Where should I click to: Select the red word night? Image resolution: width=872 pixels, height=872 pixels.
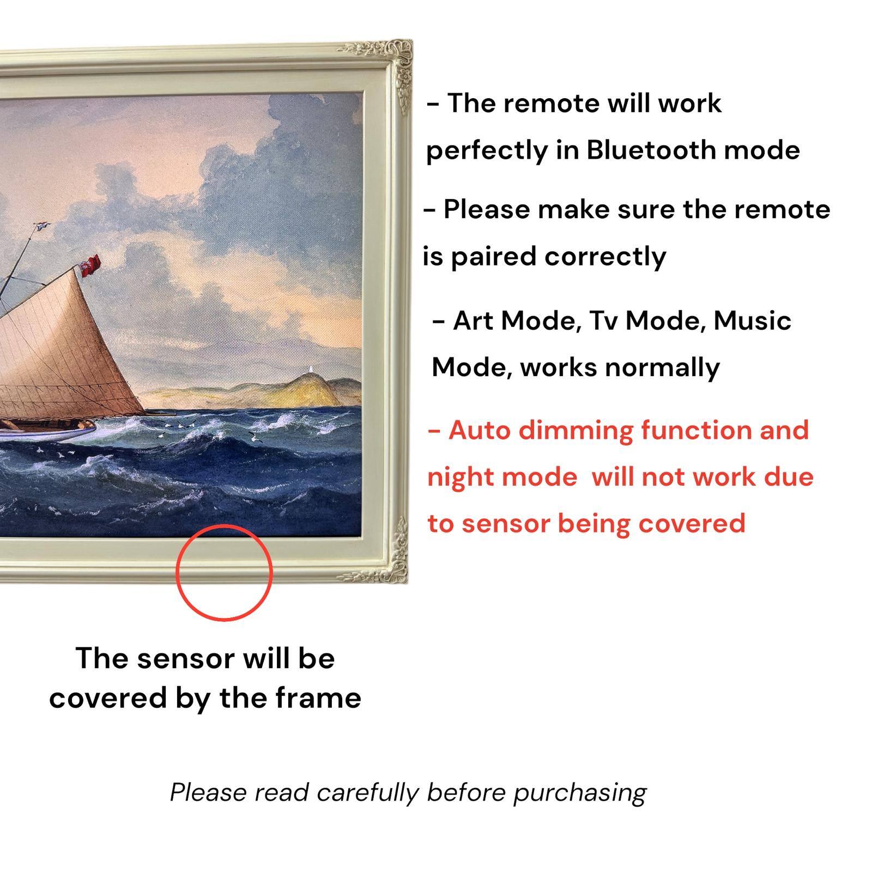click(457, 478)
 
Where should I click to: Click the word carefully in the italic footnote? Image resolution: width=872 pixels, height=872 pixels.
click(368, 792)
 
